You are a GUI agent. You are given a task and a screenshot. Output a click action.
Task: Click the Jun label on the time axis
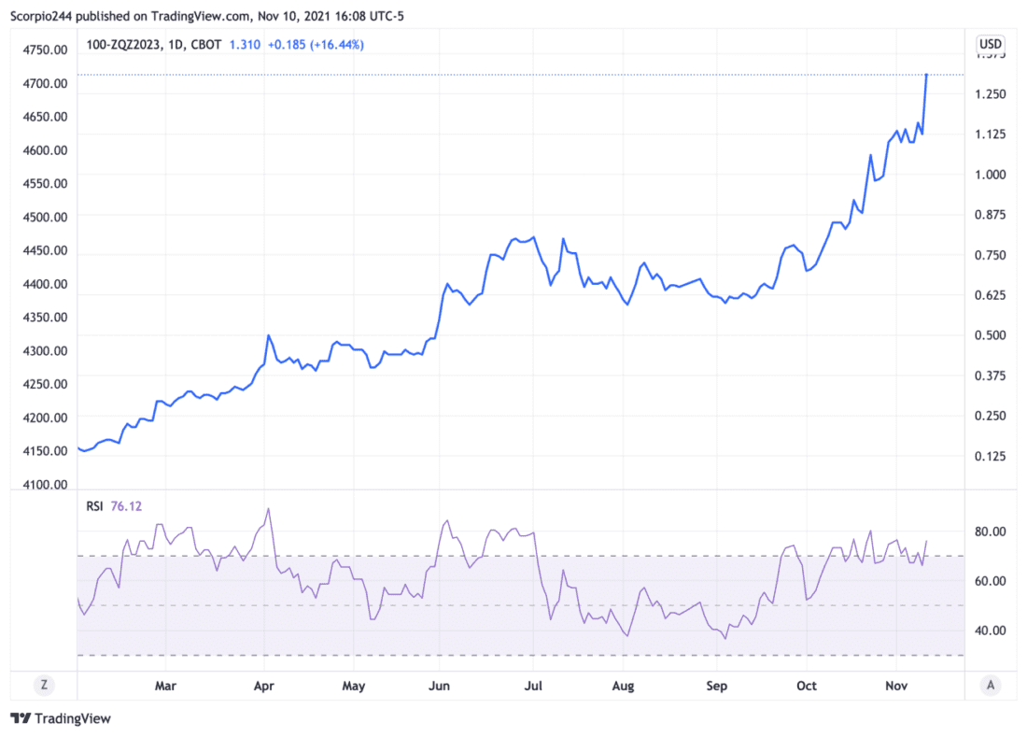pyautogui.click(x=439, y=686)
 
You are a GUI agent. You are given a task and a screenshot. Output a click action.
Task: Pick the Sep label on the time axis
pyautogui.click(x=716, y=686)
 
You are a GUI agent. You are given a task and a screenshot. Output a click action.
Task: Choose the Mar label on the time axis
pyautogui.click(x=165, y=686)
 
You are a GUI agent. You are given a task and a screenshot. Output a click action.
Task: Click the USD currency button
pyautogui.click(x=990, y=44)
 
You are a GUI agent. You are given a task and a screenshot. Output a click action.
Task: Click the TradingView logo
pyautogui.click(x=61, y=718)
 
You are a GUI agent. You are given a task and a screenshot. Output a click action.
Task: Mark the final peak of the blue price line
pyautogui.click(x=926, y=74)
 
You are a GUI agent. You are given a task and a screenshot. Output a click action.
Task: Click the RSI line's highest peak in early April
pyautogui.click(x=269, y=509)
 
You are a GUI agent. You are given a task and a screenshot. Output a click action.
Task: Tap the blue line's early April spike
pyautogui.click(x=268, y=335)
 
